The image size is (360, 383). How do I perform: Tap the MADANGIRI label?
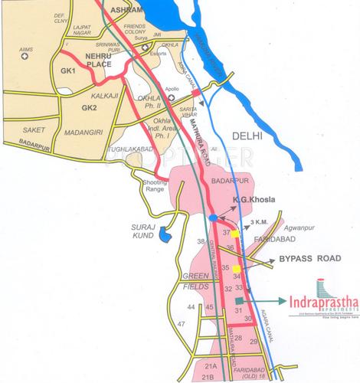(x=77, y=132)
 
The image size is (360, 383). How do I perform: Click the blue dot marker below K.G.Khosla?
(x=212, y=219)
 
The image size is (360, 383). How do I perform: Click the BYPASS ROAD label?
(x=308, y=260)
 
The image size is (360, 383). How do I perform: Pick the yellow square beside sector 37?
(x=235, y=232)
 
